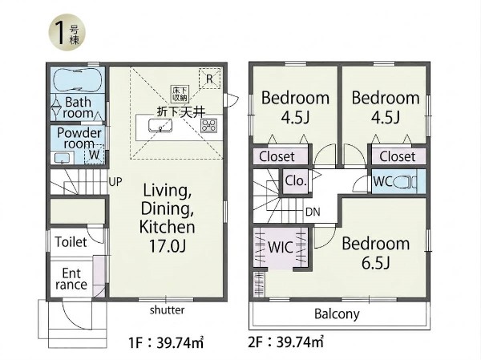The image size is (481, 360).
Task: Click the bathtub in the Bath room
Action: [x=78, y=80]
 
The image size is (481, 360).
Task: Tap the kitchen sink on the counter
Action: [x=160, y=126]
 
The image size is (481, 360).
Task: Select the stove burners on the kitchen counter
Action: [x=209, y=126]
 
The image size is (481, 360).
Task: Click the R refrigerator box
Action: [x=209, y=79]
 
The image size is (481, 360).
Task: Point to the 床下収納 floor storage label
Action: [x=180, y=94]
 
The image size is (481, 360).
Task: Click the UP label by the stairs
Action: [x=115, y=182]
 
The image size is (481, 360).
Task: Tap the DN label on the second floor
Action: [x=313, y=212]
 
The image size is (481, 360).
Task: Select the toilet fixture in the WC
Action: [x=405, y=182]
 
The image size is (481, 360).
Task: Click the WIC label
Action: [x=281, y=248]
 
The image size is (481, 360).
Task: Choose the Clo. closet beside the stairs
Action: [x=295, y=180]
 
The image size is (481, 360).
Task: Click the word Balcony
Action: [x=337, y=314]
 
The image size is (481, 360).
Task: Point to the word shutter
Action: [x=168, y=310]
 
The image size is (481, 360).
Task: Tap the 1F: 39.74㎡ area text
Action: [x=166, y=342]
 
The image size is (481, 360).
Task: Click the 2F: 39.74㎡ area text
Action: [x=285, y=342]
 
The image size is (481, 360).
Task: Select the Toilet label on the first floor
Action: [x=71, y=242]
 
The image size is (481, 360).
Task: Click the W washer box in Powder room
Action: [x=94, y=154]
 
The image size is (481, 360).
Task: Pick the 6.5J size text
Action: [x=375, y=263]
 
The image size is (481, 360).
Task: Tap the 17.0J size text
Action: [x=168, y=246]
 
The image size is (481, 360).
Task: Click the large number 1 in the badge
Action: [x=60, y=33]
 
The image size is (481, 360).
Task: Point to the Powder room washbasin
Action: [x=63, y=158]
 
